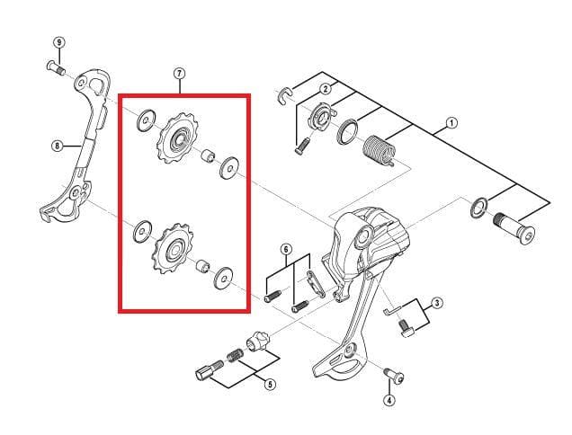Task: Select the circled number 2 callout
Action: pos(325,88)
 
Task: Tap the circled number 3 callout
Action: pos(436,303)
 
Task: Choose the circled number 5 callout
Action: pos(270,385)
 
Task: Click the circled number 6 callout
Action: pos(286,249)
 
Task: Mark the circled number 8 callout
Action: pos(57,146)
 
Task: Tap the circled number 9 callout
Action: pos(59,42)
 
